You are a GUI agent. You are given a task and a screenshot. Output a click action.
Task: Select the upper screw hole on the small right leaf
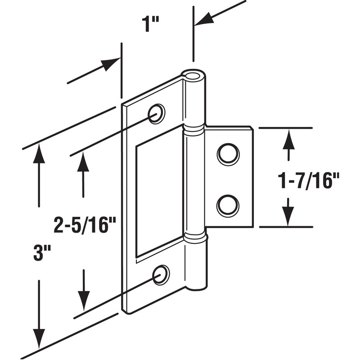pyautogui.click(x=228, y=154)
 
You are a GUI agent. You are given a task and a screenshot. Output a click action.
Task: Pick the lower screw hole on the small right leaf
pyautogui.click(x=228, y=205)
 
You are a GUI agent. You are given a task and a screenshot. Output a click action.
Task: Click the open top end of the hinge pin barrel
pyautogui.click(x=193, y=75)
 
